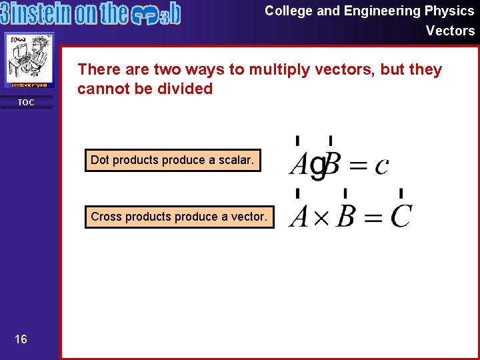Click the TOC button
(26, 103)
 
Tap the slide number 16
(21, 340)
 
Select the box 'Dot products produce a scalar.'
(173, 160)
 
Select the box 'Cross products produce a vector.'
(179, 217)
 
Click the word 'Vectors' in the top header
(450, 31)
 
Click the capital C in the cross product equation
(401, 217)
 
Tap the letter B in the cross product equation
(345, 217)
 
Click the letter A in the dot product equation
(298, 164)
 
